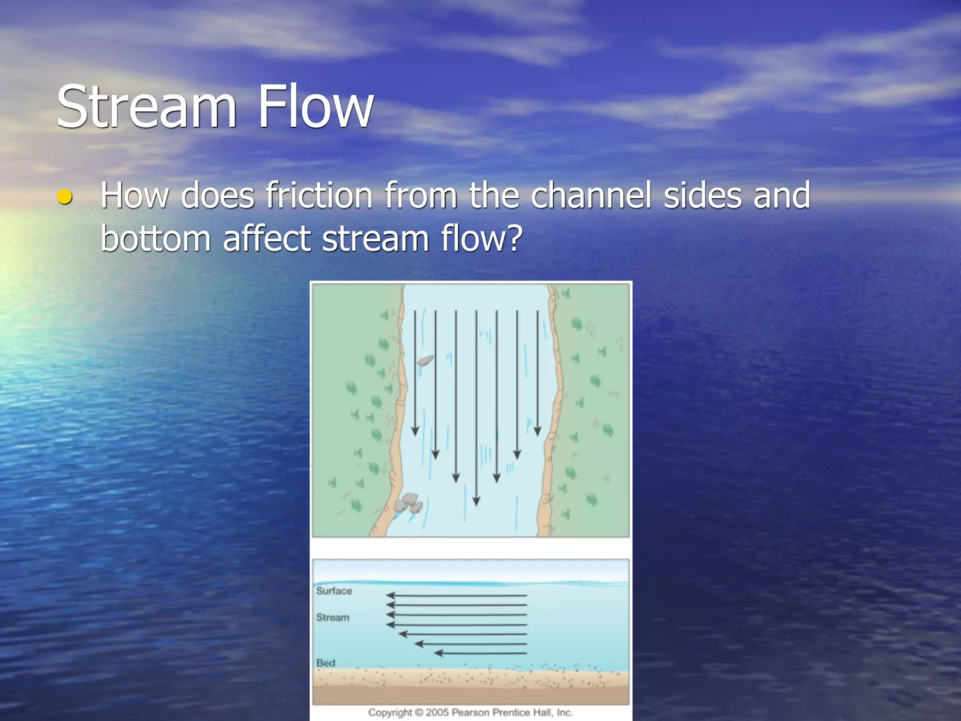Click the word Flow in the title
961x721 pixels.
tap(315, 107)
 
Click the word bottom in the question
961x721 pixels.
tap(155, 238)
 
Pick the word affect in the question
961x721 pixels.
tap(267, 238)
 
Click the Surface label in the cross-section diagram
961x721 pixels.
tap(334, 591)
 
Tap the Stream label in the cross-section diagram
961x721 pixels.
tap(333, 617)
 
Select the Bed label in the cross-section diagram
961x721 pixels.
tap(326, 663)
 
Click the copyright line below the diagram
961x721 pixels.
tap(470, 712)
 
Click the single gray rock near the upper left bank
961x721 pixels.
tap(425, 360)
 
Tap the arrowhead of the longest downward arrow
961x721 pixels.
tap(476, 501)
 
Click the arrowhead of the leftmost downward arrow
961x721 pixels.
tap(415, 430)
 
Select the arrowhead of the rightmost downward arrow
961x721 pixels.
tap(538, 430)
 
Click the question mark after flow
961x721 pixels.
tap(515, 238)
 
